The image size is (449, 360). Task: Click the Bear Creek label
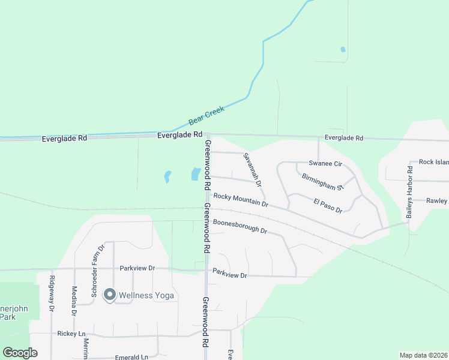206,115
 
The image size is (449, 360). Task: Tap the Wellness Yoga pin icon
109,295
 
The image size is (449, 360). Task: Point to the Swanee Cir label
325,163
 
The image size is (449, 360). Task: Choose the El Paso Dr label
328,206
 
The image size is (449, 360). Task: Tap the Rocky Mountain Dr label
240,200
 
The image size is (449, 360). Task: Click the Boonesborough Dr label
239,226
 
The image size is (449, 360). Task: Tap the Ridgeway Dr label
52,293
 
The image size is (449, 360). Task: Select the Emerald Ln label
131,357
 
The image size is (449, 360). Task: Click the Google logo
20,353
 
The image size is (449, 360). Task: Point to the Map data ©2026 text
423,355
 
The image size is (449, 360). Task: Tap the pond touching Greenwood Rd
196,174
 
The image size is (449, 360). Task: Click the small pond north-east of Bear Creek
343,49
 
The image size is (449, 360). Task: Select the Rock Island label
433,162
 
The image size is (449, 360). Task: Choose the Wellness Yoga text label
146,295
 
